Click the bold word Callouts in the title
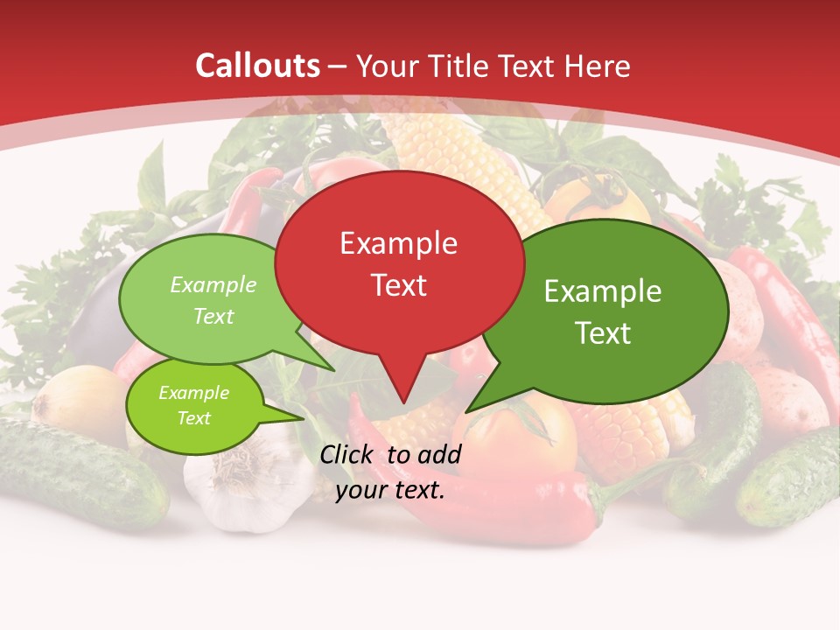[257, 66]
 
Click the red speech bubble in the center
[399, 289]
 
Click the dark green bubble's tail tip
[467, 411]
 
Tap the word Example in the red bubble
[399, 243]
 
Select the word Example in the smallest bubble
[193, 393]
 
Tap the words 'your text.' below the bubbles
[390, 490]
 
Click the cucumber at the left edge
[79, 472]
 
